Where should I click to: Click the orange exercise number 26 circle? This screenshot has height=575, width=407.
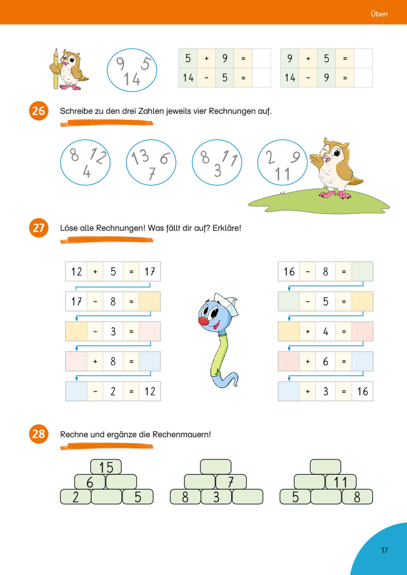click(38, 111)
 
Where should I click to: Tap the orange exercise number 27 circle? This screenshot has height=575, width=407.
click(38, 228)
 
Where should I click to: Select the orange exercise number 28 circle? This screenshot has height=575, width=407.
click(38, 434)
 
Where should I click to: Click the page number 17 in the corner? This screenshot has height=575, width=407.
click(384, 550)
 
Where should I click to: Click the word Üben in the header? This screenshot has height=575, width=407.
click(379, 14)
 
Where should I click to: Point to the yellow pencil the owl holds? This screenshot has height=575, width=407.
click(56, 70)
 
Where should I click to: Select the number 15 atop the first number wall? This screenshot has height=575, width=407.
click(106, 467)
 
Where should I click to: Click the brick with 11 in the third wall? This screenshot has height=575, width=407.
click(341, 482)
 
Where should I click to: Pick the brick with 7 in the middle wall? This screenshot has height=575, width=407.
click(231, 482)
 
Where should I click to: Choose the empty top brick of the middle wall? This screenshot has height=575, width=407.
click(215, 467)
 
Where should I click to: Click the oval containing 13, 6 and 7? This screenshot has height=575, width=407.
click(151, 163)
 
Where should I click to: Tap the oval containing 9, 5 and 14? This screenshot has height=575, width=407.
click(132, 70)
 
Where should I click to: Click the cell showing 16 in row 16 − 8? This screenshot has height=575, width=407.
click(289, 272)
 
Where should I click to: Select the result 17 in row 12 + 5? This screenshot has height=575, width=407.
click(150, 272)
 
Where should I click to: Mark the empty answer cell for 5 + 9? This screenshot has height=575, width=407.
click(261, 58)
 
